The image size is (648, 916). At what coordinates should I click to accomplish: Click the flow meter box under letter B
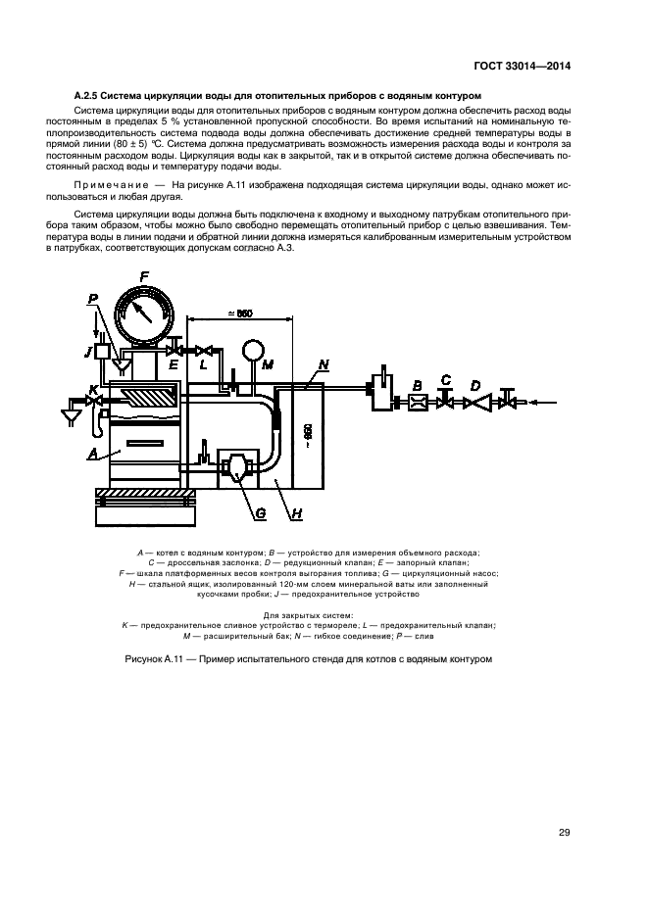pos(416,403)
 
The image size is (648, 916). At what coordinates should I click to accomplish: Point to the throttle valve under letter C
pos(445,402)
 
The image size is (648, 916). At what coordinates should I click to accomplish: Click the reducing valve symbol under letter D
pos(475,402)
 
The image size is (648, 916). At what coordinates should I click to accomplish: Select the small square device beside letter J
pos(101,349)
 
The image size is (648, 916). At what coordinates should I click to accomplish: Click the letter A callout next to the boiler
pos(91,454)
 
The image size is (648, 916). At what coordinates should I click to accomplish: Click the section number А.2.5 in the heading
pos(88,95)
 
